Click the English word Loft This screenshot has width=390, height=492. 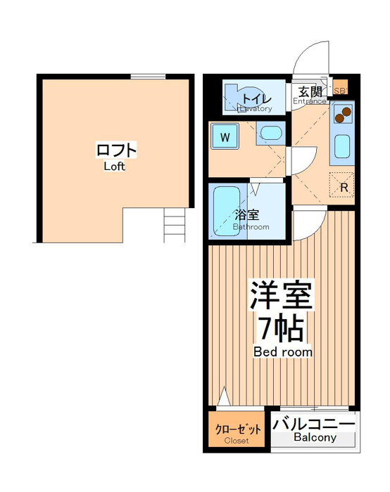[114, 167]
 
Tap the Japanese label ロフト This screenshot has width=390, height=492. [116, 150]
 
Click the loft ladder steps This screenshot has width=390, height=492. [175, 225]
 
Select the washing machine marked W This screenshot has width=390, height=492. [225, 136]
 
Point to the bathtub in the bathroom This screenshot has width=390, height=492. [227, 212]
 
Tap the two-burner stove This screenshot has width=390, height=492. [343, 114]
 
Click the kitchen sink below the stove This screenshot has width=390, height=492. [342, 146]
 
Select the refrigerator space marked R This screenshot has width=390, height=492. [342, 185]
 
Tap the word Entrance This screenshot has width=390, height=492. [310, 101]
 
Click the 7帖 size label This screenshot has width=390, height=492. [281, 328]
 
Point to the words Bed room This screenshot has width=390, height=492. [283, 351]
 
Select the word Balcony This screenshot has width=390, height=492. [315, 437]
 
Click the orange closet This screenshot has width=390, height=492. [237, 429]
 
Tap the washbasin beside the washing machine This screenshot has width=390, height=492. [270, 133]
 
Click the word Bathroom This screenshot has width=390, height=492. [251, 226]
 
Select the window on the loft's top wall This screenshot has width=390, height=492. [148, 76]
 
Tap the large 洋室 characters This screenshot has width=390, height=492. [281, 295]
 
